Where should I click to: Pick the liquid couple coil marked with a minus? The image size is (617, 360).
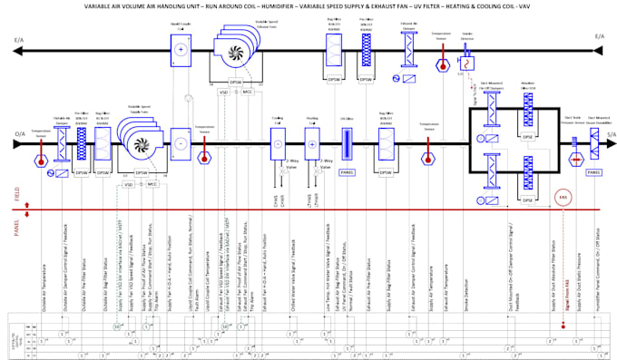(180, 143)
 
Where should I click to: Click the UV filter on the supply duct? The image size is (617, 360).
(346, 144)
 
